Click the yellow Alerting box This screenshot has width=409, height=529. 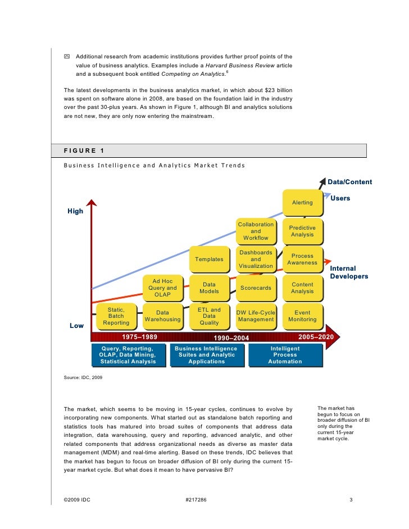(x=302, y=202)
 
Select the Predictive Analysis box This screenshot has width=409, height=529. (x=302, y=231)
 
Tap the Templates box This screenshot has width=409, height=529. (x=209, y=259)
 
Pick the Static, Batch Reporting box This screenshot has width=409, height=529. (x=116, y=316)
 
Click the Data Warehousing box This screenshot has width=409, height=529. (x=162, y=316)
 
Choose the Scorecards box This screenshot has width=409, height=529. (x=256, y=288)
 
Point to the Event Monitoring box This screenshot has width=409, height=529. (x=302, y=316)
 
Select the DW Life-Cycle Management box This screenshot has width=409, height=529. (x=256, y=316)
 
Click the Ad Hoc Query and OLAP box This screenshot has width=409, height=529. (x=162, y=288)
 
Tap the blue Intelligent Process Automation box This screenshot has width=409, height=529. (x=285, y=355)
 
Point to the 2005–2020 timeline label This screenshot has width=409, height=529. (x=315, y=337)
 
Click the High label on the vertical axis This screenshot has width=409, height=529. (x=75, y=211)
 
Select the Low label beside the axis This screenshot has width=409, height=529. (x=76, y=326)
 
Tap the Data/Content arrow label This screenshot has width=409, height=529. (x=349, y=182)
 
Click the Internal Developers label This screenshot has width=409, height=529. (x=349, y=272)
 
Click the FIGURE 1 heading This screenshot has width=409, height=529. (x=84, y=151)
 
